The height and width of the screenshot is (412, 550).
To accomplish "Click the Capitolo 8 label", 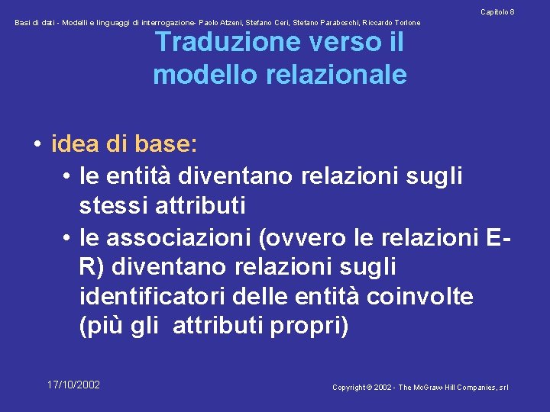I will (497, 12).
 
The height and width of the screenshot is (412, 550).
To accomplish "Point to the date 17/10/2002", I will (73, 385).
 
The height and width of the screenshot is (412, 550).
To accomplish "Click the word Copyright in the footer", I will (348, 388).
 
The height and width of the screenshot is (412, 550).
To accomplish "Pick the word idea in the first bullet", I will (78, 143).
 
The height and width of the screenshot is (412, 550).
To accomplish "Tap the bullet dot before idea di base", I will (37, 143).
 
